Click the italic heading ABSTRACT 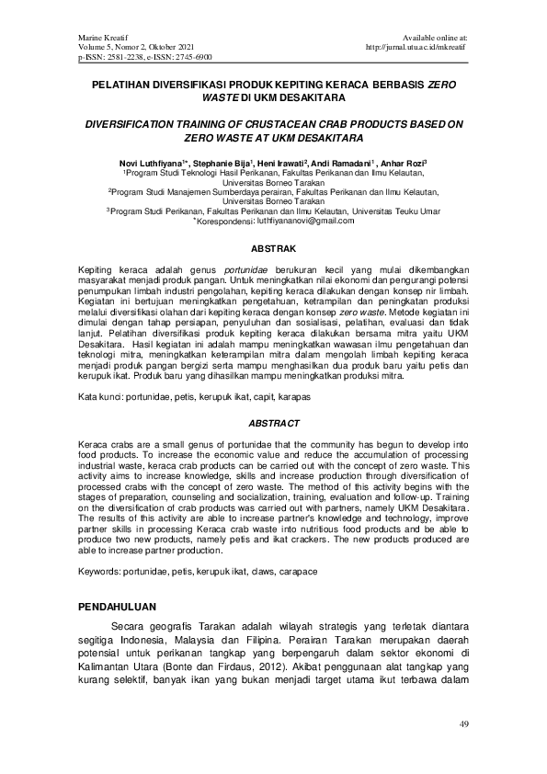(x=273, y=423)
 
